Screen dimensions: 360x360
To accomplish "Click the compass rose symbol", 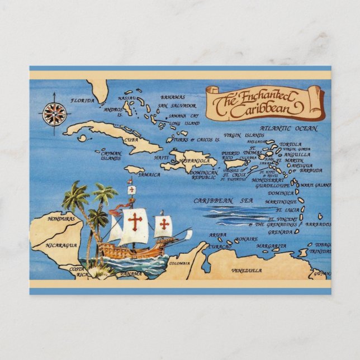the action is [54, 114].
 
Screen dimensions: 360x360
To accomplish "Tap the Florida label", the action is [83, 101].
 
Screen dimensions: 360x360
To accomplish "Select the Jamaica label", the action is [149, 174].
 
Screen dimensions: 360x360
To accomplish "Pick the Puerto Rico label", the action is [230, 155].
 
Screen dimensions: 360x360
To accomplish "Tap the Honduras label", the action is [61, 219].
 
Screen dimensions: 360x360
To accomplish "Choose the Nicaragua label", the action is [61, 245].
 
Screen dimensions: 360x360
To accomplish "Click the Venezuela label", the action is [247, 271].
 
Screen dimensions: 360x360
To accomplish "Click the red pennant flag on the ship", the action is [116, 211].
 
